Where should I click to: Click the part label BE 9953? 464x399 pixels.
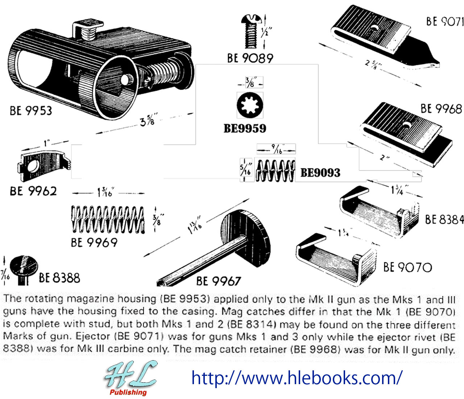pos(31,111)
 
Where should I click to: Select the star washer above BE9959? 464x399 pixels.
pos(250,105)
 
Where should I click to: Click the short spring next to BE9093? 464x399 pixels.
pos(275,170)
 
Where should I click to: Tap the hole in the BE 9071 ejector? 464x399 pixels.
pos(374,28)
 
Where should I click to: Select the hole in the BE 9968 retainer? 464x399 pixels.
pos(406,125)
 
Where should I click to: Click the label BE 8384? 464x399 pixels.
pos(444,219)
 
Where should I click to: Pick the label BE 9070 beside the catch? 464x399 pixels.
pos(408,267)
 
